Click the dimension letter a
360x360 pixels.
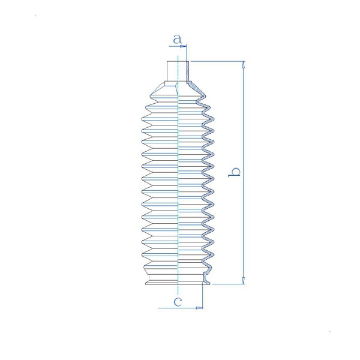pyautogui.click(x=177, y=39)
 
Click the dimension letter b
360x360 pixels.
pyautogui.click(x=234, y=172)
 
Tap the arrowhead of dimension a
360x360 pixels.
pyautogui.click(x=183, y=46)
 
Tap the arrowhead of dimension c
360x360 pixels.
pyautogui.click(x=199, y=308)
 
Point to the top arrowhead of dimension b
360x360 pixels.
pyautogui.click(x=244, y=65)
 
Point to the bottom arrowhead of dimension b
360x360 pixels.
pyautogui.click(x=244, y=281)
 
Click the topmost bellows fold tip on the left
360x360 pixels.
pyautogui.click(x=151, y=96)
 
